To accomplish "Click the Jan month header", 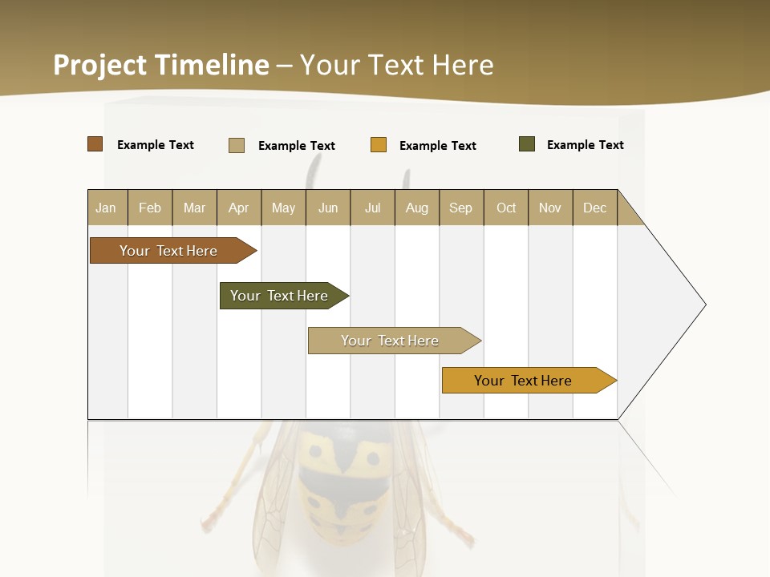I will point(107,208).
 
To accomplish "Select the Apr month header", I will point(239,208).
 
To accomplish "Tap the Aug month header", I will point(416,208).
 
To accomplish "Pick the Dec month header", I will point(594,208).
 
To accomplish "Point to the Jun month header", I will point(328,208).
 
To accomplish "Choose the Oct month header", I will point(506,208).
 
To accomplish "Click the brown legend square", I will point(95,144).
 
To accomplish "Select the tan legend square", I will point(237,145).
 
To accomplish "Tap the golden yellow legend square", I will point(379,145).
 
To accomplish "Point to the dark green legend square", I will point(527,144).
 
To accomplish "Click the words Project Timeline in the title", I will point(161,65).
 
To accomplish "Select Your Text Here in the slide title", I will point(397,65).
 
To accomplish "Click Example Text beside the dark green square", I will point(585,145).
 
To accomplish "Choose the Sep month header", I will point(460,208).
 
